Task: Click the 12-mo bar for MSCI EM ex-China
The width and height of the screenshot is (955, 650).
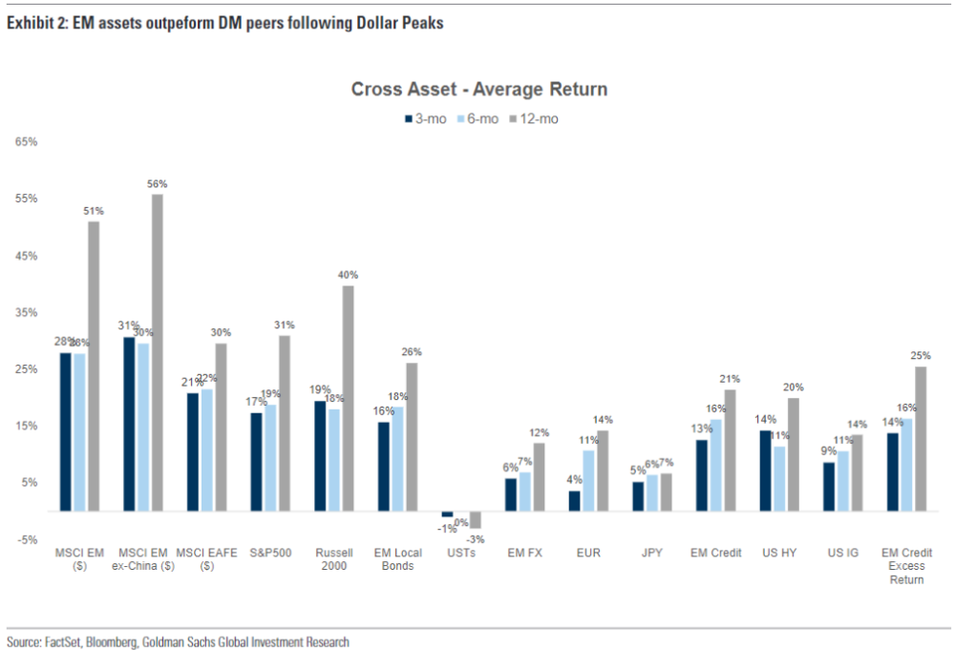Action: [158, 352]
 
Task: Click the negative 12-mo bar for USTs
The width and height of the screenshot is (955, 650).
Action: [475, 520]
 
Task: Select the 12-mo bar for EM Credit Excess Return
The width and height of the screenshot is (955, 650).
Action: [921, 439]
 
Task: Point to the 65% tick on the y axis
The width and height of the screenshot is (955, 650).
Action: [26, 142]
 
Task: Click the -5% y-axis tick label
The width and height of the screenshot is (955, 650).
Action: [26, 539]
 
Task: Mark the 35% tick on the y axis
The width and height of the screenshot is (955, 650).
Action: [26, 312]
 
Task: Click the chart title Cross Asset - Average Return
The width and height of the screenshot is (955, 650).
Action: [478, 90]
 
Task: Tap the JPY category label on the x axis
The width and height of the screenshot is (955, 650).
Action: [652, 553]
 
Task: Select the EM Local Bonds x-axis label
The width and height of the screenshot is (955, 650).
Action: [398, 559]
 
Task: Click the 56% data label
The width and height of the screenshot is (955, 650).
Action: [158, 183]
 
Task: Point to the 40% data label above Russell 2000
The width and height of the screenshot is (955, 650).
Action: [348, 275]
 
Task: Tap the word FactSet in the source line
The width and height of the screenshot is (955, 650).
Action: [64, 642]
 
